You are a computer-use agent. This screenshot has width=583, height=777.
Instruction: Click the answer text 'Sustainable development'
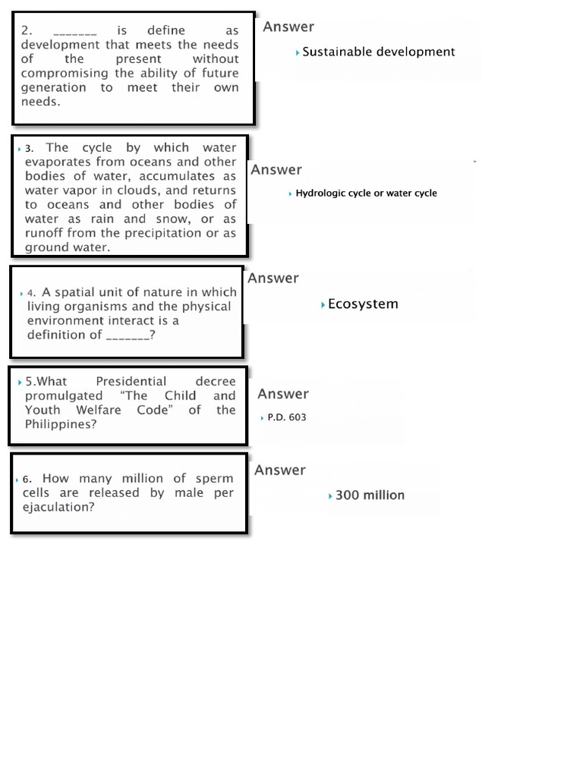tap(379, 52)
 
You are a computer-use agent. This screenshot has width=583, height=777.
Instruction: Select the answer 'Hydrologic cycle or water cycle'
tap(366, 193)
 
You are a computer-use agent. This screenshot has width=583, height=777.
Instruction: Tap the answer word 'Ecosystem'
tap(363, 304)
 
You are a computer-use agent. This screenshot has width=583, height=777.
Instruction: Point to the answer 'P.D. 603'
tap(287, 417)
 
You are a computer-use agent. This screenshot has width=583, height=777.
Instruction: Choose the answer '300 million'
tap(370, 495)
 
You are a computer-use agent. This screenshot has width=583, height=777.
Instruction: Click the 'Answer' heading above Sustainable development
tap(288, 27)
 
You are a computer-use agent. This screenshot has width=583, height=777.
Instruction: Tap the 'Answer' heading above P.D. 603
tap(283, 394)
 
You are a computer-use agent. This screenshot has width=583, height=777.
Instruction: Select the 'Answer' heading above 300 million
tap(280, 470)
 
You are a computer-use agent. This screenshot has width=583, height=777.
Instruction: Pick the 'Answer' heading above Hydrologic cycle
tap(276, 170)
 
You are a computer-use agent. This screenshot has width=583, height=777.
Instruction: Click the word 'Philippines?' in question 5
tap(61, 424)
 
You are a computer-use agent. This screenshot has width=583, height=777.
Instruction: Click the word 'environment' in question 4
tap(62, 320)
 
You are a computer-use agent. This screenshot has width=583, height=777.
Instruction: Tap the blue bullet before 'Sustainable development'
tap(298, 52)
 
